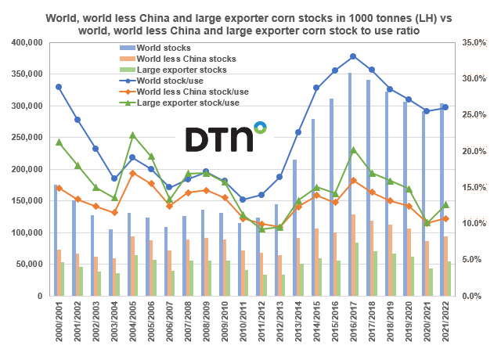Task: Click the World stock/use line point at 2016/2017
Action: click(x=353, y=56)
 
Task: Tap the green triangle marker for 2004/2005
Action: click(x=132, y=135)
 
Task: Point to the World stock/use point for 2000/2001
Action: click(x=59, y=87)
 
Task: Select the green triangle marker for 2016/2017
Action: click(x=353, y=149)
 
